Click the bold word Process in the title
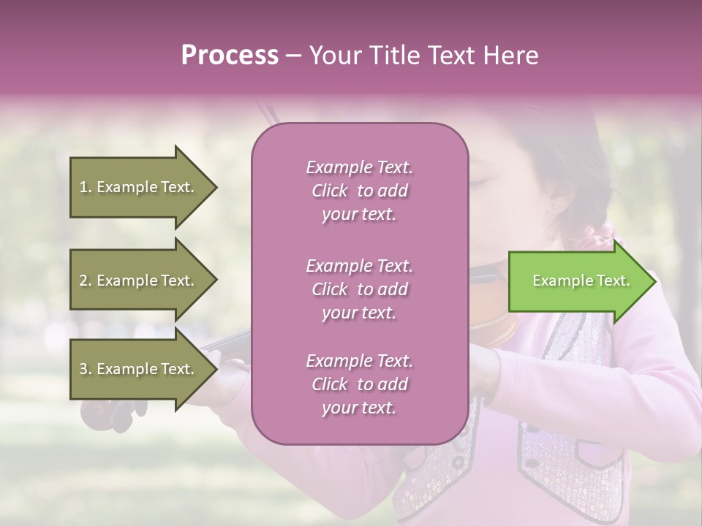(230, 56)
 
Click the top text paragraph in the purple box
(359, 191)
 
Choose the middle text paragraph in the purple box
(359, 289)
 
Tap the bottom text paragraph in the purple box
(359, 384)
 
